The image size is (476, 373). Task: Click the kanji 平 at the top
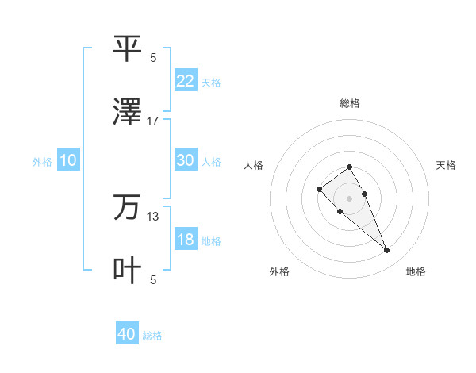click(x=127, y=48)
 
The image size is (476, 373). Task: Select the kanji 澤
click(x=127, y=112)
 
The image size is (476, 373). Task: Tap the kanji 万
click(x=127, y=208)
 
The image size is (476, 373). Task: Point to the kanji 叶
click(x=127, y=271)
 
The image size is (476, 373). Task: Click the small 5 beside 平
click(x=153, y=57)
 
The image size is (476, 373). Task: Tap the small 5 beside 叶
click(x=153, y=279)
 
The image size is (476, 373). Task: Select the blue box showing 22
click(x=186, y=80)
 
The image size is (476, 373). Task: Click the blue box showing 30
click(x=186, y=160)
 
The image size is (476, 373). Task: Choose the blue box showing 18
click(x=186, y=240)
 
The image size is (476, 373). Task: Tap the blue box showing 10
click(x=68, y=160)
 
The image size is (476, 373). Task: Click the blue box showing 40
click(x=127, y=334)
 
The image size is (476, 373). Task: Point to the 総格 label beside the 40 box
click(x=152, y=336)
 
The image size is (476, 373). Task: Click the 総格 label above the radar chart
click(x=350, y=103)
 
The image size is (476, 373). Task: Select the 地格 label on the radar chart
click(x=416, y=271)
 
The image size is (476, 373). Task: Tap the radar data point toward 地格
click(x=386, y=251)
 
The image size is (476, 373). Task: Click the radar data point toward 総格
click(x=349, y=167)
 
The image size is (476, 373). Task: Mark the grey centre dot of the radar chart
click(x=349, y=198)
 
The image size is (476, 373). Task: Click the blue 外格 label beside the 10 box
click(x=42, y=162)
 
